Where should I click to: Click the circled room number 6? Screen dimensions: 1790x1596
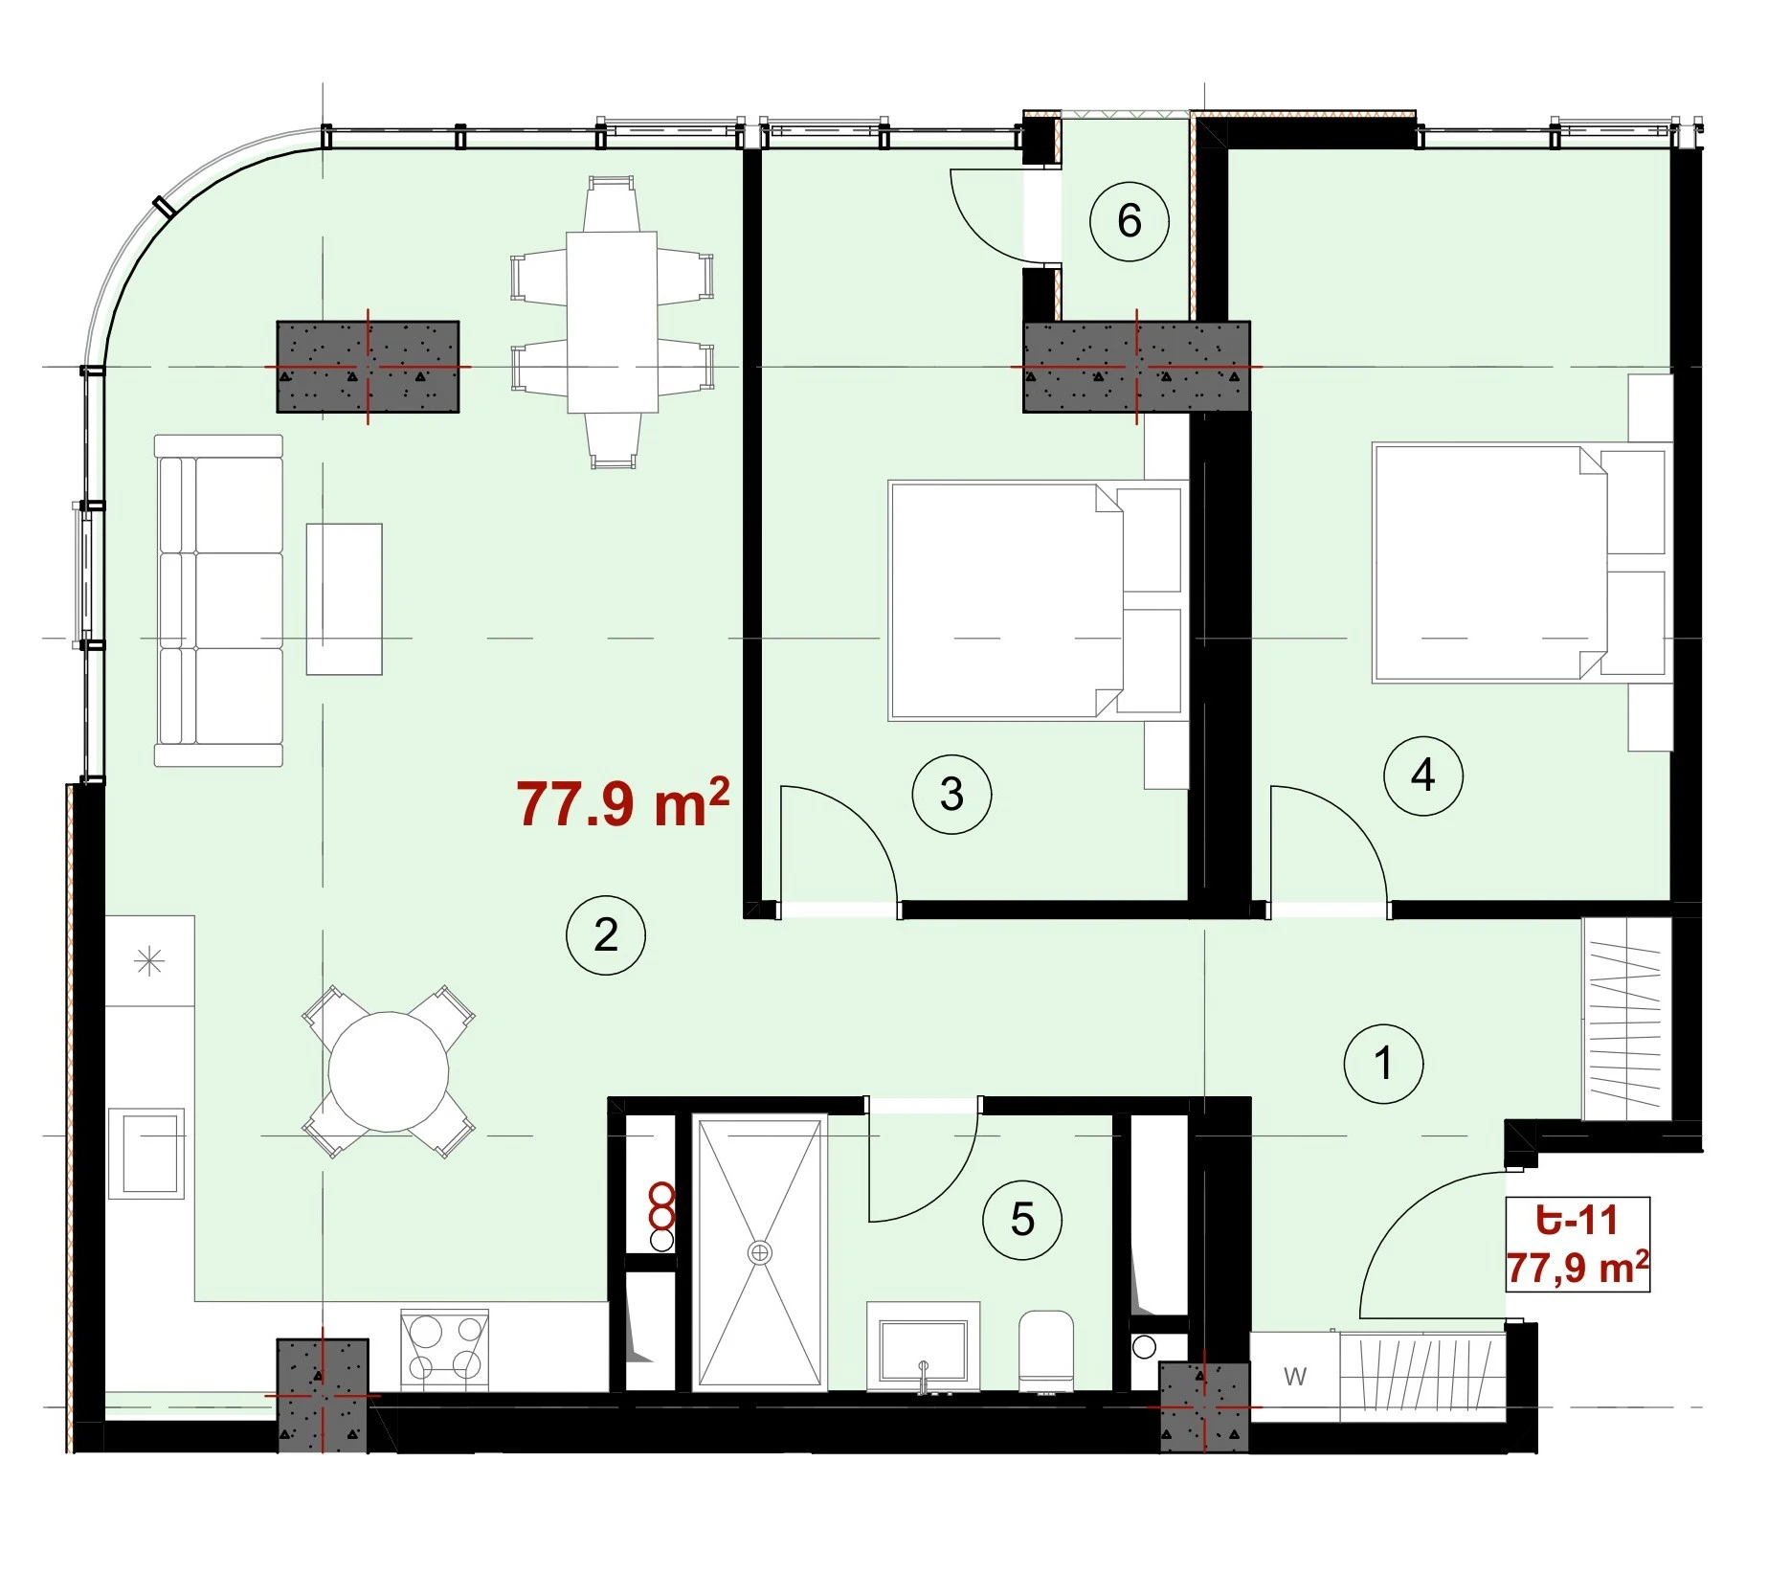click(x=1130, y=221)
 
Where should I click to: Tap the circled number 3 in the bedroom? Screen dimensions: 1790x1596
click(x=951, y=794)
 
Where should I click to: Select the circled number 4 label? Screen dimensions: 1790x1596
click(x=1423, y=776)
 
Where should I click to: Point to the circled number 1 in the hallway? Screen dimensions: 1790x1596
click(x=1383, y=1063)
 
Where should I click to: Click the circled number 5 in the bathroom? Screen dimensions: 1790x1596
click(x=1022, y=1220)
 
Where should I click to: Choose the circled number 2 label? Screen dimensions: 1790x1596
click(x=606, y=934)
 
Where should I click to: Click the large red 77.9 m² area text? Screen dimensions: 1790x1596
click(x=623, y=802)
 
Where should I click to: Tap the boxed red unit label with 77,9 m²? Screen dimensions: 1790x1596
click(x=1577, y=1244)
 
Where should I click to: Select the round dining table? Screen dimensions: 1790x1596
click(x=389, y=1072)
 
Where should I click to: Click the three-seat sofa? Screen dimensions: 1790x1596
click(x=219, y=600)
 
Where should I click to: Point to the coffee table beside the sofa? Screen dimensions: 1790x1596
click(x=345, y=599)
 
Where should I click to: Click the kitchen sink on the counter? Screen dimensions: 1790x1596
click(x=145, y=1154)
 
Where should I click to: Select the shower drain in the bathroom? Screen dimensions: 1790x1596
click(x=760, y=1252)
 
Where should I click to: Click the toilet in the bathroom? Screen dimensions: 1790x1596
click(x=1045, y=1350)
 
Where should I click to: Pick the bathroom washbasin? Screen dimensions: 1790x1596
click(x=923, y=1345)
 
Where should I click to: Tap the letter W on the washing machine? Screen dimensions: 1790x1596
click(x=1295, y=1377)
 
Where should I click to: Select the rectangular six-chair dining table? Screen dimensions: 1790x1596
click(x=612, y=322)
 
